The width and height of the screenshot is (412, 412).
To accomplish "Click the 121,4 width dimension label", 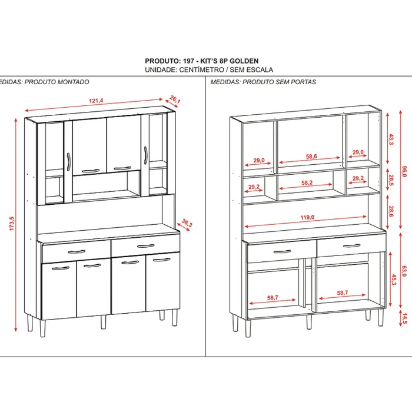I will coord(97,101).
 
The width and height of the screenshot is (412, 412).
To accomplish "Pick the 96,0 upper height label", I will coord(404,171).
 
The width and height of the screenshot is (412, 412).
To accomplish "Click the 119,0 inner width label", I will coord(307,217).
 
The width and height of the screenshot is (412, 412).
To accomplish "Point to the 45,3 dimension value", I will coord(393,278).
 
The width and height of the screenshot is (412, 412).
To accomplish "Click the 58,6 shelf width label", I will coord(312,156).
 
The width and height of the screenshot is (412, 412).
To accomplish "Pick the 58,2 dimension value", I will coord(307,183).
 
